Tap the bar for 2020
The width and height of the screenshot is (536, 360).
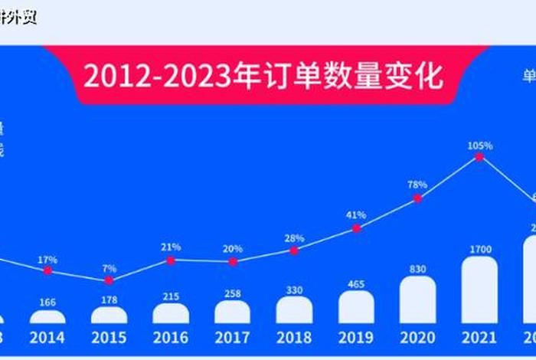[x=417, y=299]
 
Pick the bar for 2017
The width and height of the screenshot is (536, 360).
[x=232, y=312]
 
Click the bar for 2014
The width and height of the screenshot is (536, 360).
[x=47, y=316]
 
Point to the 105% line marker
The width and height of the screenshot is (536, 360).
[x=479, y=156]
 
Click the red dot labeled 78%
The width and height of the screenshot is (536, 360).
[x=417, y=198]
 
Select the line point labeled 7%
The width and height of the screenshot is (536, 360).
[x=109, y=280]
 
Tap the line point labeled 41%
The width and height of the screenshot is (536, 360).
[x=356, y=228]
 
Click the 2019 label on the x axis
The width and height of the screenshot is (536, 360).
[x=356, y=337]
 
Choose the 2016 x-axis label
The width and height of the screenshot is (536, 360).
[x=171, y=337]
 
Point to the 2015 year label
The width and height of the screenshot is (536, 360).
[x=109, y=337]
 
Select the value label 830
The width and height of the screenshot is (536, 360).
[x=417, y=268]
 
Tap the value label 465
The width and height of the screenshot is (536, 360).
[x=356, y=283]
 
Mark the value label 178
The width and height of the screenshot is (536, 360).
[x=109, y=299]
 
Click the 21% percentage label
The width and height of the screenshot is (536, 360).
[x=171, y=247]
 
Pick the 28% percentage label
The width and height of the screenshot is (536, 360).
[x=294, y=238]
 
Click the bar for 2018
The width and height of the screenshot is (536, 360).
[x=294, y=309]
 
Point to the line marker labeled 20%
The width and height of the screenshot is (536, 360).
[x=233, y=261]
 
